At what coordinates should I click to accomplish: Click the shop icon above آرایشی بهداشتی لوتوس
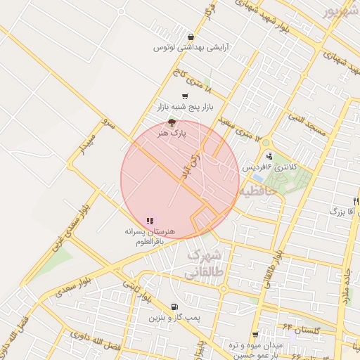pos(191,37)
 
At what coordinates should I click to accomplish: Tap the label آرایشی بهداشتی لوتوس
pos(190,48)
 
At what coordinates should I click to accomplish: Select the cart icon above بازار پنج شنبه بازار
pos(185,96)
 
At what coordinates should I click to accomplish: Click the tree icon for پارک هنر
pos(172,122)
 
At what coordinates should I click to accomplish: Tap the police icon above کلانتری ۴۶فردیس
pos(269,156)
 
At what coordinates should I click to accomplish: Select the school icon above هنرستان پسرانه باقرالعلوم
pos(150,221)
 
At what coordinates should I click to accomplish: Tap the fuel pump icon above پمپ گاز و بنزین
pos(174,307)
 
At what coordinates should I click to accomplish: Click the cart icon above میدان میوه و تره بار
pos(255,335)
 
